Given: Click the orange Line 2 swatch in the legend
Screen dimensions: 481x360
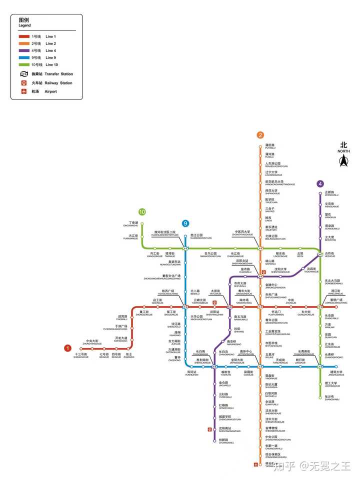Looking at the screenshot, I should [24, 43].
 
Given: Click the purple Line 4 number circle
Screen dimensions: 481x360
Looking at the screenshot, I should [320, 183].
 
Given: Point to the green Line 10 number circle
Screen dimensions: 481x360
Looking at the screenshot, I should [142, 212].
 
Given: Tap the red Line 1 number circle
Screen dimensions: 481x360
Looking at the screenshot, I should [68, 348].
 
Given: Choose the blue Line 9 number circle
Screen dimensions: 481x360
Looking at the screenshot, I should [185, 223].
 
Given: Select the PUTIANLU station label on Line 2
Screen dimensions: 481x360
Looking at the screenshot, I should [270, 147].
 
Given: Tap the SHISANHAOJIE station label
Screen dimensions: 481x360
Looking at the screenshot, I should [81, 356].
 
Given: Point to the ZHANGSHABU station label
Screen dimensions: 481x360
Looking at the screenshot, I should [332, 398].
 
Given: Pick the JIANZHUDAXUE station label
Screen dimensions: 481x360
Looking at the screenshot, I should [336, 373].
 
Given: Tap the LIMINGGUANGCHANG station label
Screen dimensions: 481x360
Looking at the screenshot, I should [335, 301].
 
